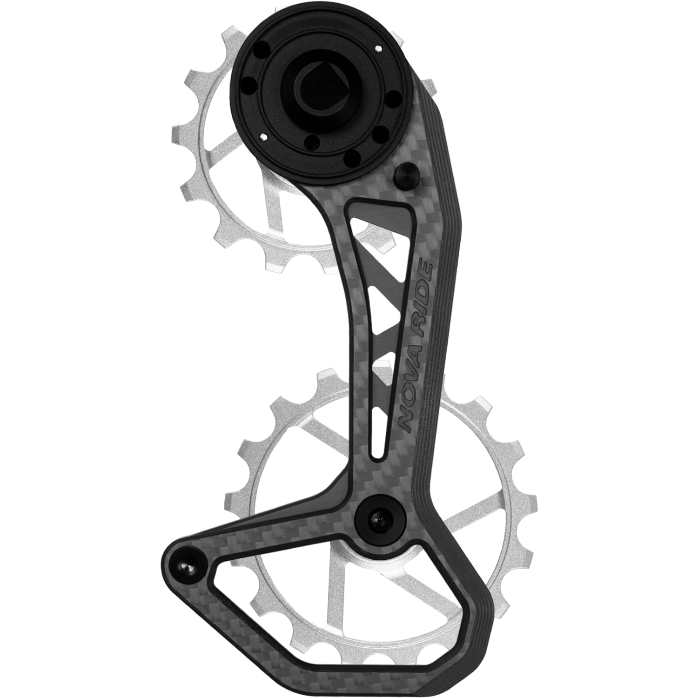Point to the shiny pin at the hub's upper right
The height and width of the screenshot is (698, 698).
pos(378,47)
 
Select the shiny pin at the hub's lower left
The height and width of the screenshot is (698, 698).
pos(264,137)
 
